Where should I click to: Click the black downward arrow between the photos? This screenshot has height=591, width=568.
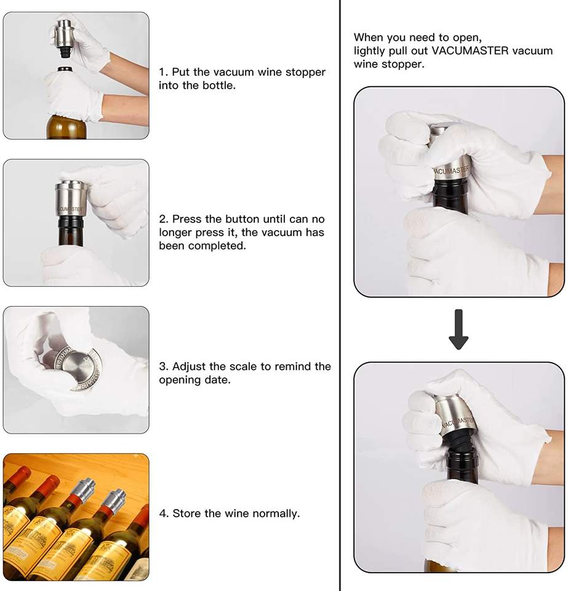458,329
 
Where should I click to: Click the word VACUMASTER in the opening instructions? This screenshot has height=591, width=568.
470,51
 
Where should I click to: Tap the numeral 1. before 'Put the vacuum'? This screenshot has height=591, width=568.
163,72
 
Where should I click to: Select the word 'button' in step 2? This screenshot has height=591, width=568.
242,219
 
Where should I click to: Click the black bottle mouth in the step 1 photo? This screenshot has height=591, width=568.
65,70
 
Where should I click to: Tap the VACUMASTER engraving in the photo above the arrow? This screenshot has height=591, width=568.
451,172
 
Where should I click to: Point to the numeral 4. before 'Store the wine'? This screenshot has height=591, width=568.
164,513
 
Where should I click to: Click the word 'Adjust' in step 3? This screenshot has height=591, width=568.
190,367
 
